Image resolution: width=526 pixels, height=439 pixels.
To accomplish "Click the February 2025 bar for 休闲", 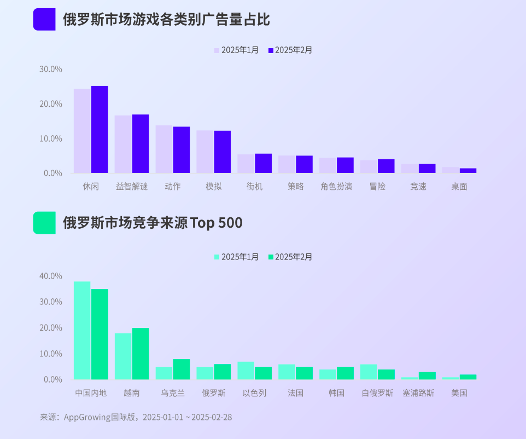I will pos(100,130).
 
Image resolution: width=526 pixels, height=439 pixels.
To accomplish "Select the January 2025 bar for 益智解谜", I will pos(123,145).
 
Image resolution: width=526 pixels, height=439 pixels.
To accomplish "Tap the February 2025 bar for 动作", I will pos(182,150).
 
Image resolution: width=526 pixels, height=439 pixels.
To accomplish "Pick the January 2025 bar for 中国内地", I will pos(82,331).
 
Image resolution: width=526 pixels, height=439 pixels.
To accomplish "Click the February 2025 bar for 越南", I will pos(141,354).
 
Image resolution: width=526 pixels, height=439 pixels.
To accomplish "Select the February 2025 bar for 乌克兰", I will pos(182,369).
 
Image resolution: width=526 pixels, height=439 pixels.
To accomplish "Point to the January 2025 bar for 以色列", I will pos(246,371).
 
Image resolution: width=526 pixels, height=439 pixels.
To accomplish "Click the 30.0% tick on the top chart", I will pos(51,70).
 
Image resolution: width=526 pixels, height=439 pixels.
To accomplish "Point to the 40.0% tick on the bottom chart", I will pos(51,276).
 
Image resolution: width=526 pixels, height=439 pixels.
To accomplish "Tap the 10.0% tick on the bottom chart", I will pos(51,354).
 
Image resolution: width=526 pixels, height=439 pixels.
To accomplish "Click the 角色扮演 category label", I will pos(336,187).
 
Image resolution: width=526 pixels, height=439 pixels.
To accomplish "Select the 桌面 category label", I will pos(459,187).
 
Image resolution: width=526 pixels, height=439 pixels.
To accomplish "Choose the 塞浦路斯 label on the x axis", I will pos(418,393).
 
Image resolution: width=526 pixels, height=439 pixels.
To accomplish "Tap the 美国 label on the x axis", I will pos(459,393).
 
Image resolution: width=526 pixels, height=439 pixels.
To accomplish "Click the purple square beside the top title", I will pos(44,20).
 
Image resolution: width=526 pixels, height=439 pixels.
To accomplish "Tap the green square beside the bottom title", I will pos(44,223).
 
